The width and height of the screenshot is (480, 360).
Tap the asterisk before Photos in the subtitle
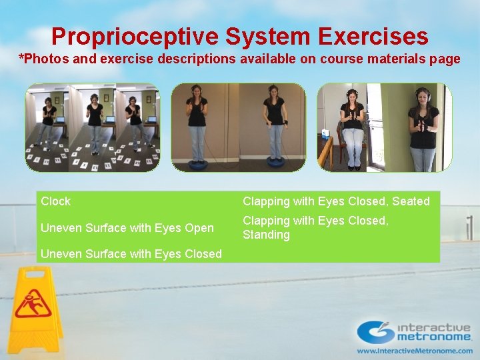[21, 58]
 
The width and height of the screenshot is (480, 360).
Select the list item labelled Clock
[55, 201]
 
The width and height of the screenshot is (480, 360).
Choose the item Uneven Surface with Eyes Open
[127, 228]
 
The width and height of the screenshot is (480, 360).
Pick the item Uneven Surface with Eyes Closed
[131, 254]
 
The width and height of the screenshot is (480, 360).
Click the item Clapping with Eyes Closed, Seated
[336, 201]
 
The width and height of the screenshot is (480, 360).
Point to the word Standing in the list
[266, 235]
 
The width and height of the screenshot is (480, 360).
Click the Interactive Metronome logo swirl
[375, 331]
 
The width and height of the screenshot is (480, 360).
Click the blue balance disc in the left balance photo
[197, 163]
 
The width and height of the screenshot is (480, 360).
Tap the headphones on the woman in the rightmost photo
[422, 93]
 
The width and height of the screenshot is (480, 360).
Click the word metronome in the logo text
[434, 337]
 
